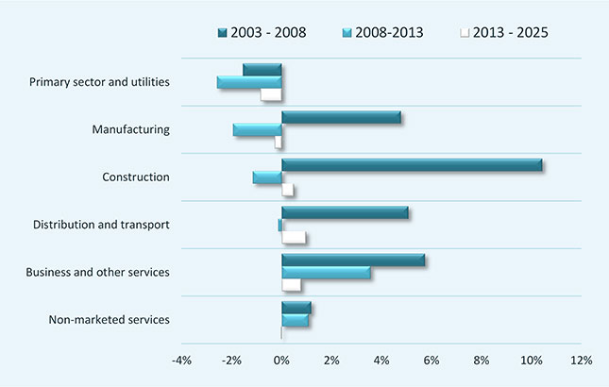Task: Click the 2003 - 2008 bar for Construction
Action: (x=412, y=165)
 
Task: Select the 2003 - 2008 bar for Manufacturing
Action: (x=341, y=118)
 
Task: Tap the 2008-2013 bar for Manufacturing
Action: (x=258, y=129)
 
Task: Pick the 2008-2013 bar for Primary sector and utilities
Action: (x=249, y=82)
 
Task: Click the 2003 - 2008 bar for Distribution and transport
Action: (x=345, y=212)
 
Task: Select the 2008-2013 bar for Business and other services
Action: (x=326, y=273)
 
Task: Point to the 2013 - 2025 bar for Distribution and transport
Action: (x=294, y=237)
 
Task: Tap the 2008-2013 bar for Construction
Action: (x=267, y=177)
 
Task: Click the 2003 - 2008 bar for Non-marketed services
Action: (x=296, y=308)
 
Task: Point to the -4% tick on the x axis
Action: (x=182, y=361)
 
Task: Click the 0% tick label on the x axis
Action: (x=281, y=361)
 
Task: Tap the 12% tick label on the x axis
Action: (x=581, y=361)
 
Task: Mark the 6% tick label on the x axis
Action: (x=431, y=361)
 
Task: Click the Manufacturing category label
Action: (x=131, y=129)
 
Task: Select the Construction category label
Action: (x=135, y=177)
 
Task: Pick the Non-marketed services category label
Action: (x=109, y=319)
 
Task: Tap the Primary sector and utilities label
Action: (x=100, y=81)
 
